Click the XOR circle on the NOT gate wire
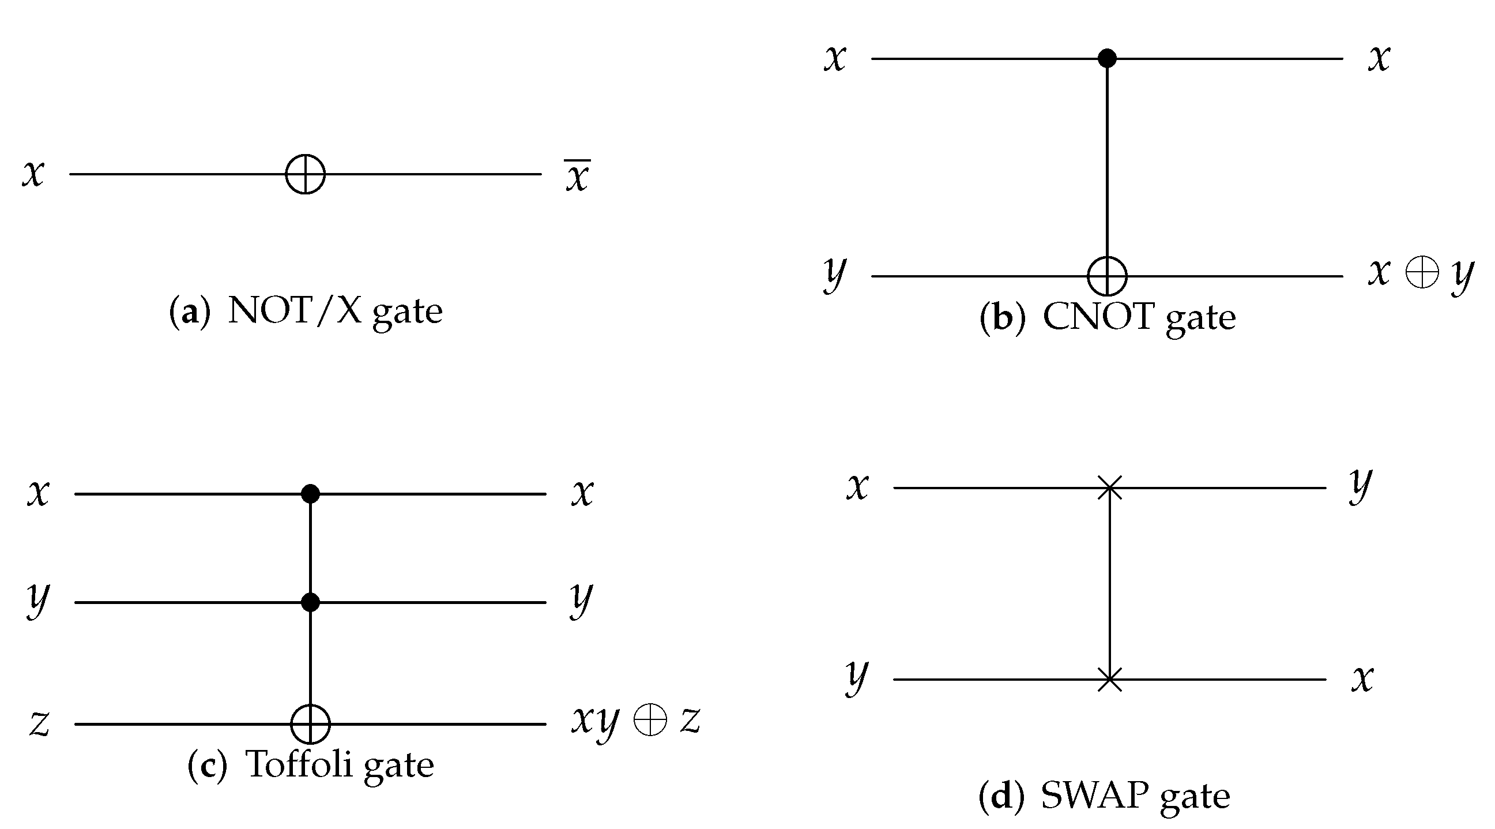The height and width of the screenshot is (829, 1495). coord(306,174)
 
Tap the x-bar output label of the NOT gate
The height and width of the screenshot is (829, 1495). coord(578,175)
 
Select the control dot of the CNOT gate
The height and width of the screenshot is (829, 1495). coord(1108,58)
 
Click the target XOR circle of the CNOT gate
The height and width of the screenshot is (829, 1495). coord(1108,276)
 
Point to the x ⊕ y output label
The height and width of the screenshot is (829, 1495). coord(1421,273)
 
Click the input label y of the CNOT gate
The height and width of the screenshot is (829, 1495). coord(835,274)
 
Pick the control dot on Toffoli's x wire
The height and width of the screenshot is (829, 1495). coord(311,494)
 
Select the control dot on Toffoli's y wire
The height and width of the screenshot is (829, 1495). coord(311,603)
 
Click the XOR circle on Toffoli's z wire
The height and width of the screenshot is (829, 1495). coord(311,724)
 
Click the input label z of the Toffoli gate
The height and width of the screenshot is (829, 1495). coord(39,725)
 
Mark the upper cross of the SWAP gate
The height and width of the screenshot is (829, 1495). coord(1110,487)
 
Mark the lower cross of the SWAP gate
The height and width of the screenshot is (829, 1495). coord(1110,679)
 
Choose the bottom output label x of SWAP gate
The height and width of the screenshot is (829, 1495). coord(1362,679)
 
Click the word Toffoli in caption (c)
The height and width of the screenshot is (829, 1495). coord(299,764)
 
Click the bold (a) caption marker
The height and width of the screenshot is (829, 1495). coord(189,312)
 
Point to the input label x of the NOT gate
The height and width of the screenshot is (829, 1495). coord(33,173)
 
